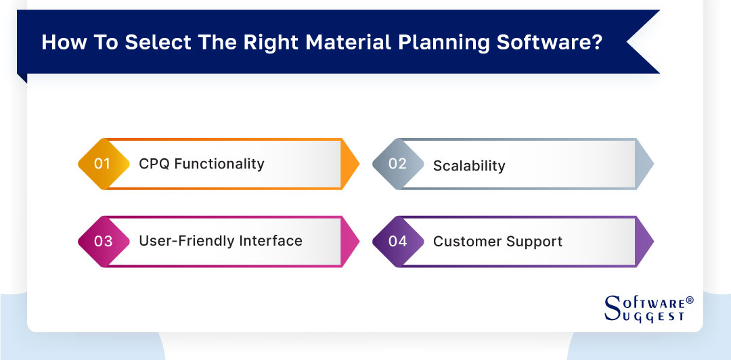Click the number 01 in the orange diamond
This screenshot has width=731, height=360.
pos(102,164)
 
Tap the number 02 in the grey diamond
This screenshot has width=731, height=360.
pos(397,164)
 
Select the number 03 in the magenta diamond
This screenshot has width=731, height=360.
pos(103,241)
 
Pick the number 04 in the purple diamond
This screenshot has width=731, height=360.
pos(397,241)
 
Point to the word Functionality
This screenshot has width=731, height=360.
pos(219,164)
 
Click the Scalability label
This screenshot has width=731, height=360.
pos(469,166)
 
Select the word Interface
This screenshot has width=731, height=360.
pos(270,241)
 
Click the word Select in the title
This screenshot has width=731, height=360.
pos(158,42)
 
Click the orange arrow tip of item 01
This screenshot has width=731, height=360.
pos(351,164)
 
